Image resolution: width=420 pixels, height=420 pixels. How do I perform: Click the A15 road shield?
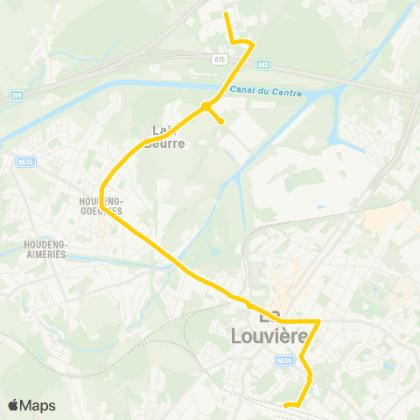[219, 59]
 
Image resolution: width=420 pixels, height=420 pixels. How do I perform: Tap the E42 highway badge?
[264, 64]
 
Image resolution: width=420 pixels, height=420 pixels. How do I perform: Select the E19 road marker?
[16, 94]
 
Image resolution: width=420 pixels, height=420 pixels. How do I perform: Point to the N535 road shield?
[24, 161]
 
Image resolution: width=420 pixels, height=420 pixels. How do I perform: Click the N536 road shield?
[283, 359]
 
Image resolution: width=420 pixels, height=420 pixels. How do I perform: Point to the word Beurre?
[167, 143]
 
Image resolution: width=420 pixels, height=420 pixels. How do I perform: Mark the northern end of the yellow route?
[227, 14]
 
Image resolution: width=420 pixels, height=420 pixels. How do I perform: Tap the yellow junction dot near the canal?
[206, 107]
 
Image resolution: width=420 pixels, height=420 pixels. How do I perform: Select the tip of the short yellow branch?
[221, 121]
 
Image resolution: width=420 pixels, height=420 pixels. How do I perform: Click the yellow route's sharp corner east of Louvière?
[318, 321]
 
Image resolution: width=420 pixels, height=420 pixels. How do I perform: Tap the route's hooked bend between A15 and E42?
[252, 43]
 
